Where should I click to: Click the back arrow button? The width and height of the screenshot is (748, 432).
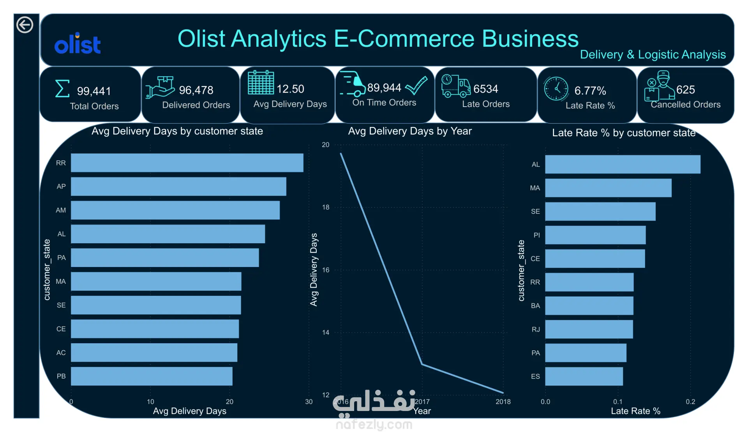25,25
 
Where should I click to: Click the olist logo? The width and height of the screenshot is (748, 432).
78,43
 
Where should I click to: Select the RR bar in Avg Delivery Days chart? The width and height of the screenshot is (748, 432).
187,163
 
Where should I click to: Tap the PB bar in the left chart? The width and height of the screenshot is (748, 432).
152,376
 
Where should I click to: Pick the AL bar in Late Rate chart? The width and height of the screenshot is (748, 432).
623,164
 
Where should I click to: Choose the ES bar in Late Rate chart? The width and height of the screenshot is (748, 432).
584,376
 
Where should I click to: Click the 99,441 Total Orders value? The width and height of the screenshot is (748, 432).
94,91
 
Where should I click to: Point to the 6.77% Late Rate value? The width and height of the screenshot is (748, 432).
590,91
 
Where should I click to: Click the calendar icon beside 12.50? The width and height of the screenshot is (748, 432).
261,83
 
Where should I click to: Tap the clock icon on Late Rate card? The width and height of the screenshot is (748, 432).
556,89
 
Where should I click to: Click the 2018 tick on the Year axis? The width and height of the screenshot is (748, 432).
503,402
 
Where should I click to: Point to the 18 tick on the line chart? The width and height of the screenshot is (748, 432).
326,207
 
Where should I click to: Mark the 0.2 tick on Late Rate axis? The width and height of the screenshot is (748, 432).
690,402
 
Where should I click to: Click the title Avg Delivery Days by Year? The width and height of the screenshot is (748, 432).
410,131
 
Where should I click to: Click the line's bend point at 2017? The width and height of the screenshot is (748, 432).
422,364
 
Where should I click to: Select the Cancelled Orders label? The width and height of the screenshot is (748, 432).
686,105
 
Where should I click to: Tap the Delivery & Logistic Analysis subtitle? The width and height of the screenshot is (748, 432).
653,54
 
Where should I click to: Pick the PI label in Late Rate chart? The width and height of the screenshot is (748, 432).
537,235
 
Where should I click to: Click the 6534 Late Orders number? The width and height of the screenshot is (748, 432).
486,89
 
